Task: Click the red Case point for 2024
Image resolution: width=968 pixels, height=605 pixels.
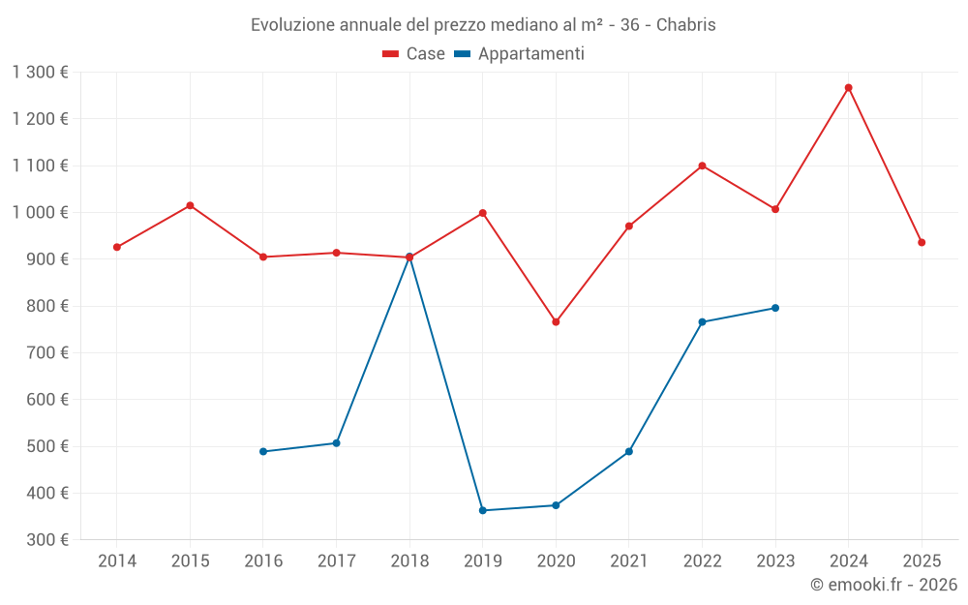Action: click(x=848, y=88)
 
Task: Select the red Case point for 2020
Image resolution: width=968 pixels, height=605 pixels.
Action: click(x=556, y=322)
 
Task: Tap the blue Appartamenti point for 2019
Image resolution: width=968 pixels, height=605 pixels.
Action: click(x=482, y=510)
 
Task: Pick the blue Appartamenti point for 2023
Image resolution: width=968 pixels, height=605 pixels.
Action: click(x=775, y=308)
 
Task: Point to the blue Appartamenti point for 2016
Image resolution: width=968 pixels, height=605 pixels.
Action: click(x=263, y=451)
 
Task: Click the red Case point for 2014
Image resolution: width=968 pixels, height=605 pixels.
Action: click(x=117, y=247)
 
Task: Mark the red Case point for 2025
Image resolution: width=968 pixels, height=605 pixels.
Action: click(x=922, y=242)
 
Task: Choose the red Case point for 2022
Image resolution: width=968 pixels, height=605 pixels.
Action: click(x=702, y=166)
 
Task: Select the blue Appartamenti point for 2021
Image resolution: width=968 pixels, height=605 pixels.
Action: click(x=629, y=451)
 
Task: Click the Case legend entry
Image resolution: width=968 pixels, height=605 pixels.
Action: click(x=414, y=54)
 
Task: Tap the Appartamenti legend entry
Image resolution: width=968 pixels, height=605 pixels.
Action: click(x=520, y=54)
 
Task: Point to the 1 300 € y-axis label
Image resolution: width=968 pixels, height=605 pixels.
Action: click(x=41, y=73)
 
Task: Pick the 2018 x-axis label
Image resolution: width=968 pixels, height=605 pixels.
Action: click(x=409, y=561)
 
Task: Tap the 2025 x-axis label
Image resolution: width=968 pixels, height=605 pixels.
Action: click(x=922, y=561)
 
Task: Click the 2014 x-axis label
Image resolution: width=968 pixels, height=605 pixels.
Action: click(x=117, y=561)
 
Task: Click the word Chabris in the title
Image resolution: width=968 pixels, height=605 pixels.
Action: click(x=686, y=25)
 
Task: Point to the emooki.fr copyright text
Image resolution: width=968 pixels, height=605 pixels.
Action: click(x=884, y=585)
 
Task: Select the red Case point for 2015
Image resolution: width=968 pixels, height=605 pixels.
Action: click(x=190, y=205)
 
